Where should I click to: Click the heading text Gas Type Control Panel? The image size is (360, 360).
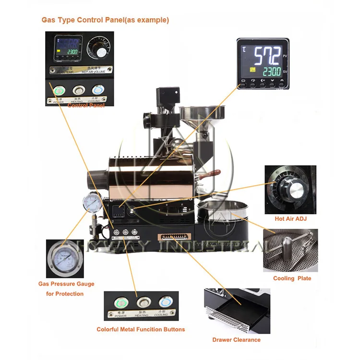point(105,20)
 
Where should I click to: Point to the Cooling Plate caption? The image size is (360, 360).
point(292,278)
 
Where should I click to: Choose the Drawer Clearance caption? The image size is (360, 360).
point(236,340)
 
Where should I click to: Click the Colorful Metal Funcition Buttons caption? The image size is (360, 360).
point(141,329)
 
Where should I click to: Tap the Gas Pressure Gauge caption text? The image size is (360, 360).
point(66,284)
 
